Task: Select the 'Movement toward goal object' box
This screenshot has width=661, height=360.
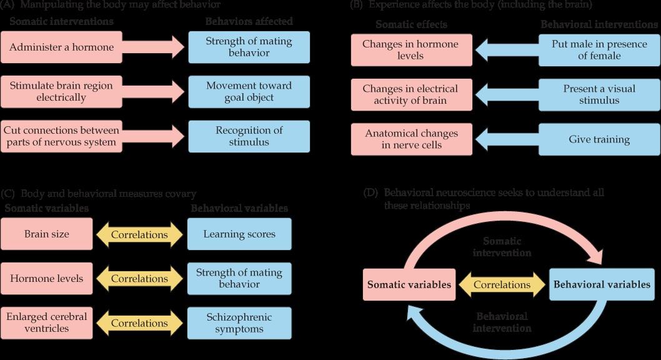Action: (249, 91)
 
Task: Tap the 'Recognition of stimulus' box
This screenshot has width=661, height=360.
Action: (249, 136)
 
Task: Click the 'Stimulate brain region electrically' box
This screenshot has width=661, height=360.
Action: (61, 91)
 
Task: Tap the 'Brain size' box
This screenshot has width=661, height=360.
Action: (47, 234)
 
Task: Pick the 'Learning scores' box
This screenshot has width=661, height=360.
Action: (239, 234)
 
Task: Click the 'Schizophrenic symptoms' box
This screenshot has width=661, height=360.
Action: (239, 322)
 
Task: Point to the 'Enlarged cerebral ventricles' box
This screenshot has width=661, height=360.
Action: (47, 322)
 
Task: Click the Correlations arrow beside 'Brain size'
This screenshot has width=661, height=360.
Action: (139, 235)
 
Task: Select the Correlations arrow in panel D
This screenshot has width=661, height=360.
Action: (502, 284)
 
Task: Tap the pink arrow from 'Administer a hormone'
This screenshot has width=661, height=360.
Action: (154, 47)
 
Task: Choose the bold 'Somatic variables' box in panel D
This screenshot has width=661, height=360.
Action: (409, 284)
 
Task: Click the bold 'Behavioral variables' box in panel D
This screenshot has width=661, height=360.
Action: (602, 284)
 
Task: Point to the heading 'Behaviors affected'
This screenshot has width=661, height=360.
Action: (249, 22)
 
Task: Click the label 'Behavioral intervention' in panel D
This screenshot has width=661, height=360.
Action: (502, 322)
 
